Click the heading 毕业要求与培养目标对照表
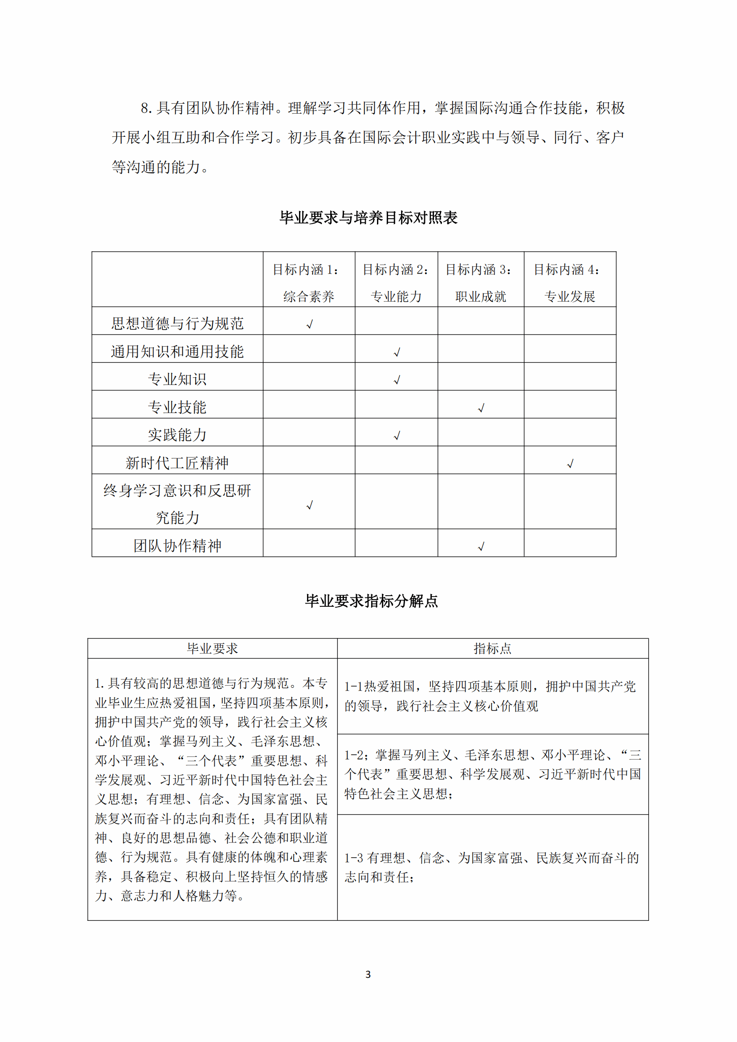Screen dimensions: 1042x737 pyautogui.click(x=368, y=218)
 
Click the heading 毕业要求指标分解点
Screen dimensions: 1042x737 pyautogui.click(x=371, y=601)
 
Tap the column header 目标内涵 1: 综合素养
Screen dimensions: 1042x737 pyautogui.click(x=308, y=283)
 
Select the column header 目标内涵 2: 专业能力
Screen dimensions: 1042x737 pyautogui.click(x=396, y=283)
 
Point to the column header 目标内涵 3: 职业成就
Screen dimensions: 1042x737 pyautogui.click(x=480, y=283)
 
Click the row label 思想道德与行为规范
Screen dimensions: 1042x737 pyautogui.click(x=177, y=323)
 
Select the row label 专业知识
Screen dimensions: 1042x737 pyautogui.click(x=177, y=379)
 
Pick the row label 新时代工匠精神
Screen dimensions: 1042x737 pyautogui.click(x=177, y=463)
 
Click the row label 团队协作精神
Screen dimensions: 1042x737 pyautogui.click(x=177, y=546)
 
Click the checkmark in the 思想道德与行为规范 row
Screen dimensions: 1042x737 pyautogui.click(x=310, y=324)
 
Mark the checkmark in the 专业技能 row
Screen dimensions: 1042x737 pyautogui.click(x=481, y=408)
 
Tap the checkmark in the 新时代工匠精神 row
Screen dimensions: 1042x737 pyautogui.click(x=570, y=463)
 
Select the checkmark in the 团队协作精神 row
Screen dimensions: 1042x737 pyautogui.click(x=481, y=547)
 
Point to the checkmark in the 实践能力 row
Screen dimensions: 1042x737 pyautogui.click(x=397, y=436)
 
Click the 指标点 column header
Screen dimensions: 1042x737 pyautogui.click(x=492, y=649)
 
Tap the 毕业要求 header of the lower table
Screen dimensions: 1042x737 pyautogui.click(x=213, y=649)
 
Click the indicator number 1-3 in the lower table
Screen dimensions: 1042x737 pyautogui.click(x=353, y=858)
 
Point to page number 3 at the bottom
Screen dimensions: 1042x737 pyautogui.click(x=368, y=975)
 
